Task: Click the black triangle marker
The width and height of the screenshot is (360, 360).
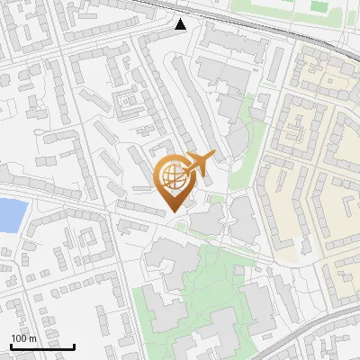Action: [x=182, y=24]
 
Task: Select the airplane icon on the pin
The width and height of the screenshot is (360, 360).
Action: [x=199, y=164]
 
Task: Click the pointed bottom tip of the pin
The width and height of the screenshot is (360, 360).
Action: [x=172, y=211]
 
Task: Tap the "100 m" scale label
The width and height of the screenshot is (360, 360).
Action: [x=23, y=338]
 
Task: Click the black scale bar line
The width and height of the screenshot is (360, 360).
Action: [x=42, y=347]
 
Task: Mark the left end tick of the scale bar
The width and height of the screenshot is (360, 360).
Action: [x=11, y=346]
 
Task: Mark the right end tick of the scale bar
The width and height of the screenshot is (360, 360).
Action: [x=74, y=346]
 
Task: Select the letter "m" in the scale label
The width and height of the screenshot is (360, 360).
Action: [x=31, y=338]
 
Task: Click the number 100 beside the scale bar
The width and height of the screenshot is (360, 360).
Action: [x=19, y=338]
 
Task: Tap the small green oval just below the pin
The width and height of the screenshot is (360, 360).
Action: [x=182, y=222]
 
